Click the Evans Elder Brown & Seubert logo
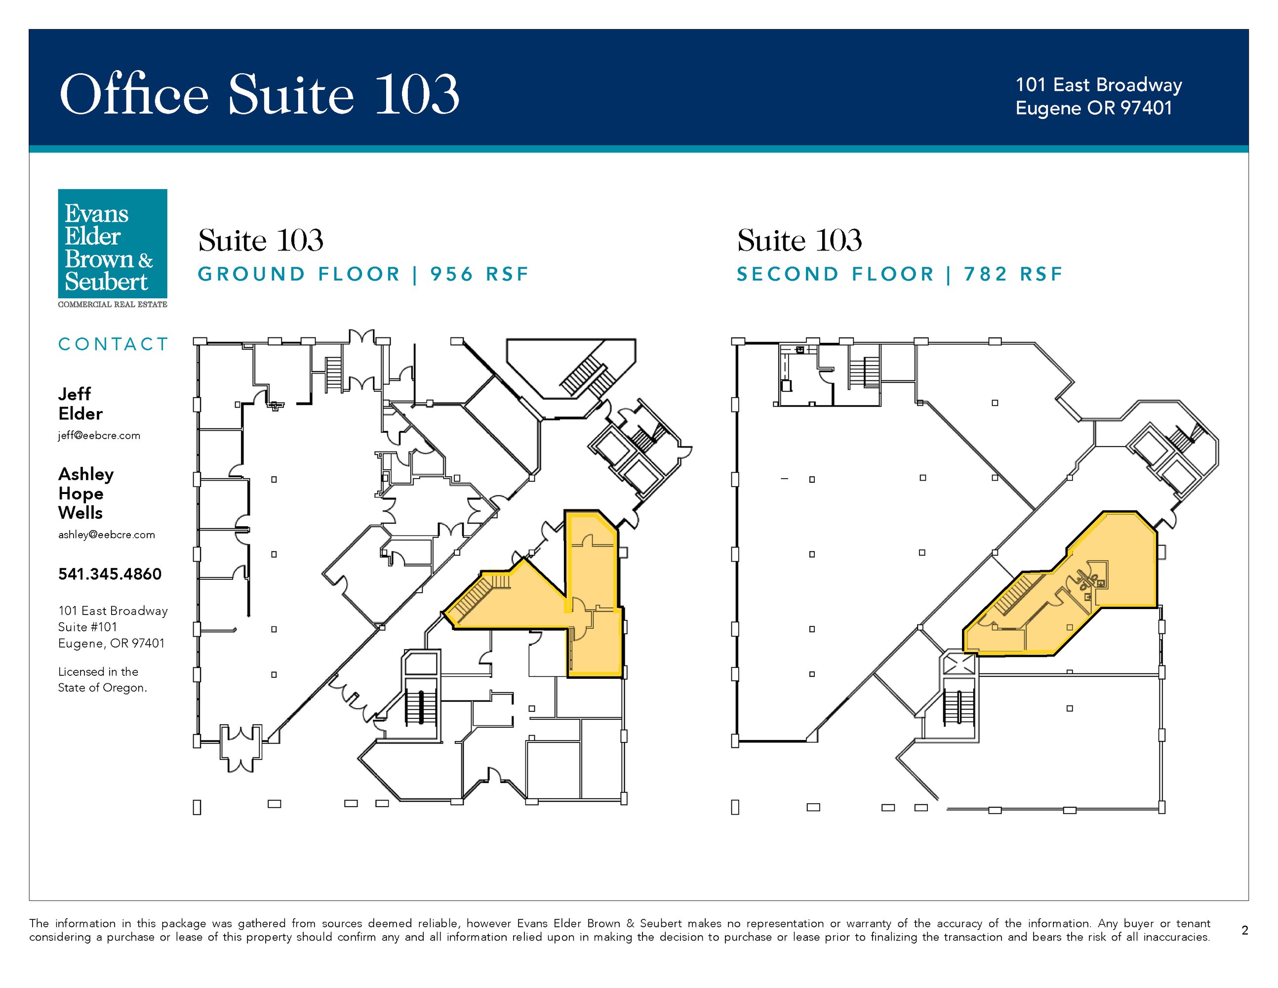click(113, 248)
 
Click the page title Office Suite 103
click(259, 94)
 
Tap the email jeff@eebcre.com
click(99, 436)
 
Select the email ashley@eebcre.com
click(107, 535)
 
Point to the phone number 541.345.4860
click(110, 574)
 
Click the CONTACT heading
click(114, 344)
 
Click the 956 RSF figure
click(479, 274)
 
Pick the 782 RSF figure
click(1013, 274)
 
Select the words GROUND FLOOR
click(299, 274)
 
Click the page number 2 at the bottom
click(1244, 930)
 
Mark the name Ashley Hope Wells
click(86, 494)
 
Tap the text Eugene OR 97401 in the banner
click(1094, 108)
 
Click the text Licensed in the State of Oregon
click(102, 680)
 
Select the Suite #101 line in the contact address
click(88, 627)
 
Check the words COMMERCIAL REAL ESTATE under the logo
click(113, 304)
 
